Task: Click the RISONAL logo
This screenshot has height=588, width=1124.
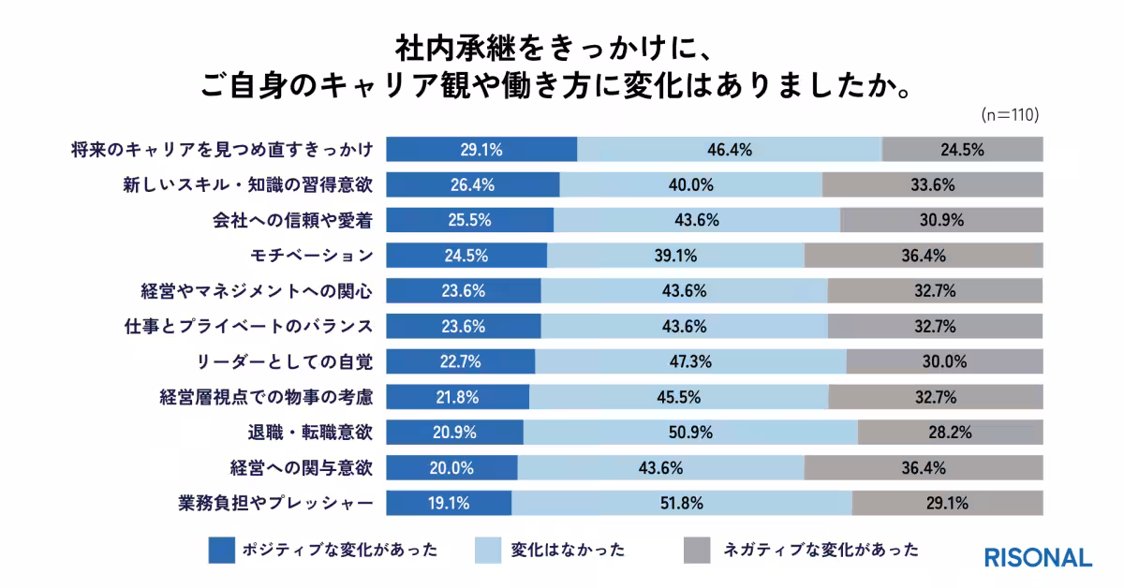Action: coord(1038,557)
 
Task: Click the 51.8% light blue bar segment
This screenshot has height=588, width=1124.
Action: coord(681,503)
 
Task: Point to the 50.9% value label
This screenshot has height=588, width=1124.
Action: coord(691,433)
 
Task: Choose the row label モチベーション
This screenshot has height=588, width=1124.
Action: coord(309,256)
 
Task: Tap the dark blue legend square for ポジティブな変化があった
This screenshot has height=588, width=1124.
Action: coord(221,550)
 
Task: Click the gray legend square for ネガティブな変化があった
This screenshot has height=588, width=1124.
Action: coord(697,550)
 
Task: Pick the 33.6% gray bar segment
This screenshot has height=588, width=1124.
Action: coord(932,184)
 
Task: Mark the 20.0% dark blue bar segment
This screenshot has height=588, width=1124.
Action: coord(451,468)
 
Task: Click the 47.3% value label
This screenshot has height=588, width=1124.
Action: coord(691,361)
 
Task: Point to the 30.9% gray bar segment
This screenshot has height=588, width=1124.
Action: coord(941,220)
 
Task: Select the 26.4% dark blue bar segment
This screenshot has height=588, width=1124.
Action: coord(473,184)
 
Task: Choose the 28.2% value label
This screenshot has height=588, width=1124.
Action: coord(949,433)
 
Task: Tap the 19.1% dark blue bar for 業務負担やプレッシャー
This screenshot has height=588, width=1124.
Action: coord(449,503)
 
